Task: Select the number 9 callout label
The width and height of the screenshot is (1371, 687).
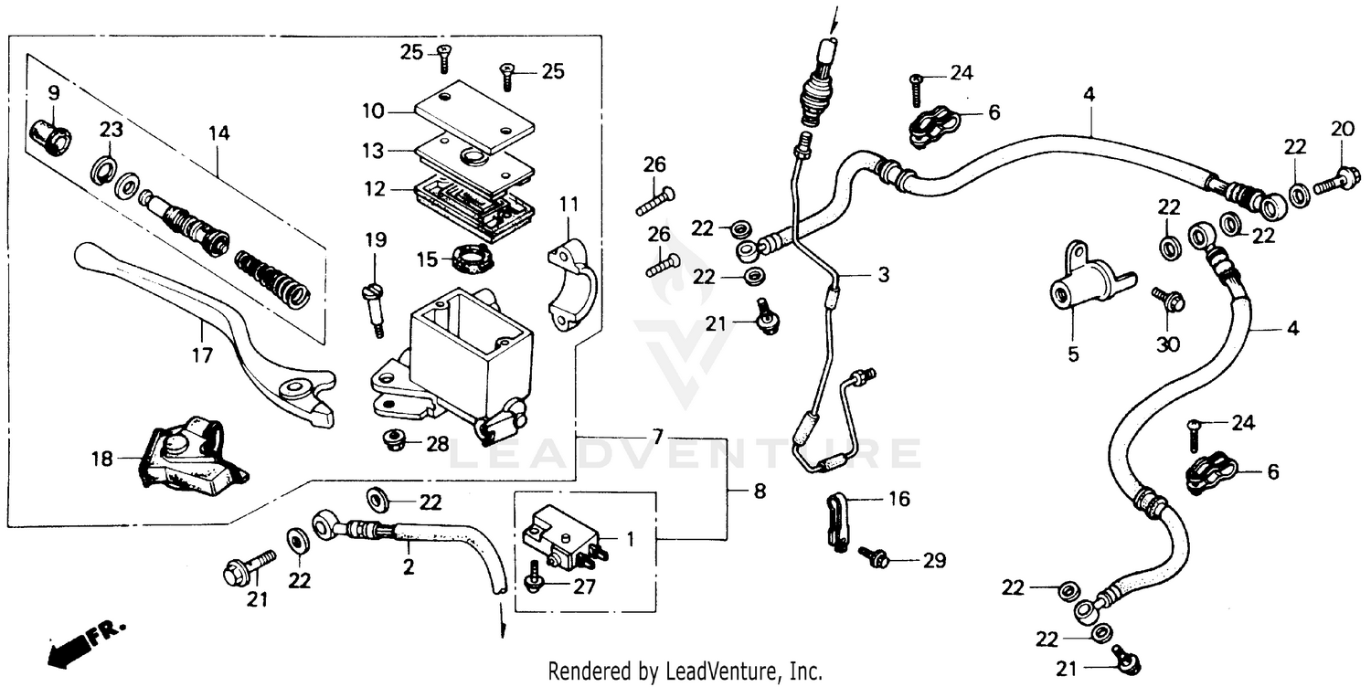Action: pos(53,92)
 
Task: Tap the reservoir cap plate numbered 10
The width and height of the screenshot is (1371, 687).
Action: pos(473,118)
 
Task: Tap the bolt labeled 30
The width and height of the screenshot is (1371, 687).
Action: pos(1169,299)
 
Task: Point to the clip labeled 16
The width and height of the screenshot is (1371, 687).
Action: pos(838,521)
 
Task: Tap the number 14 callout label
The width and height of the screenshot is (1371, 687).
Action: pos(218,133)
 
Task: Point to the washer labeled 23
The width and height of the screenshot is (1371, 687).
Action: pos(103,168)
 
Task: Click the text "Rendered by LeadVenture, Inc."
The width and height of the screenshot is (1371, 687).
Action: pos(685,671)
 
